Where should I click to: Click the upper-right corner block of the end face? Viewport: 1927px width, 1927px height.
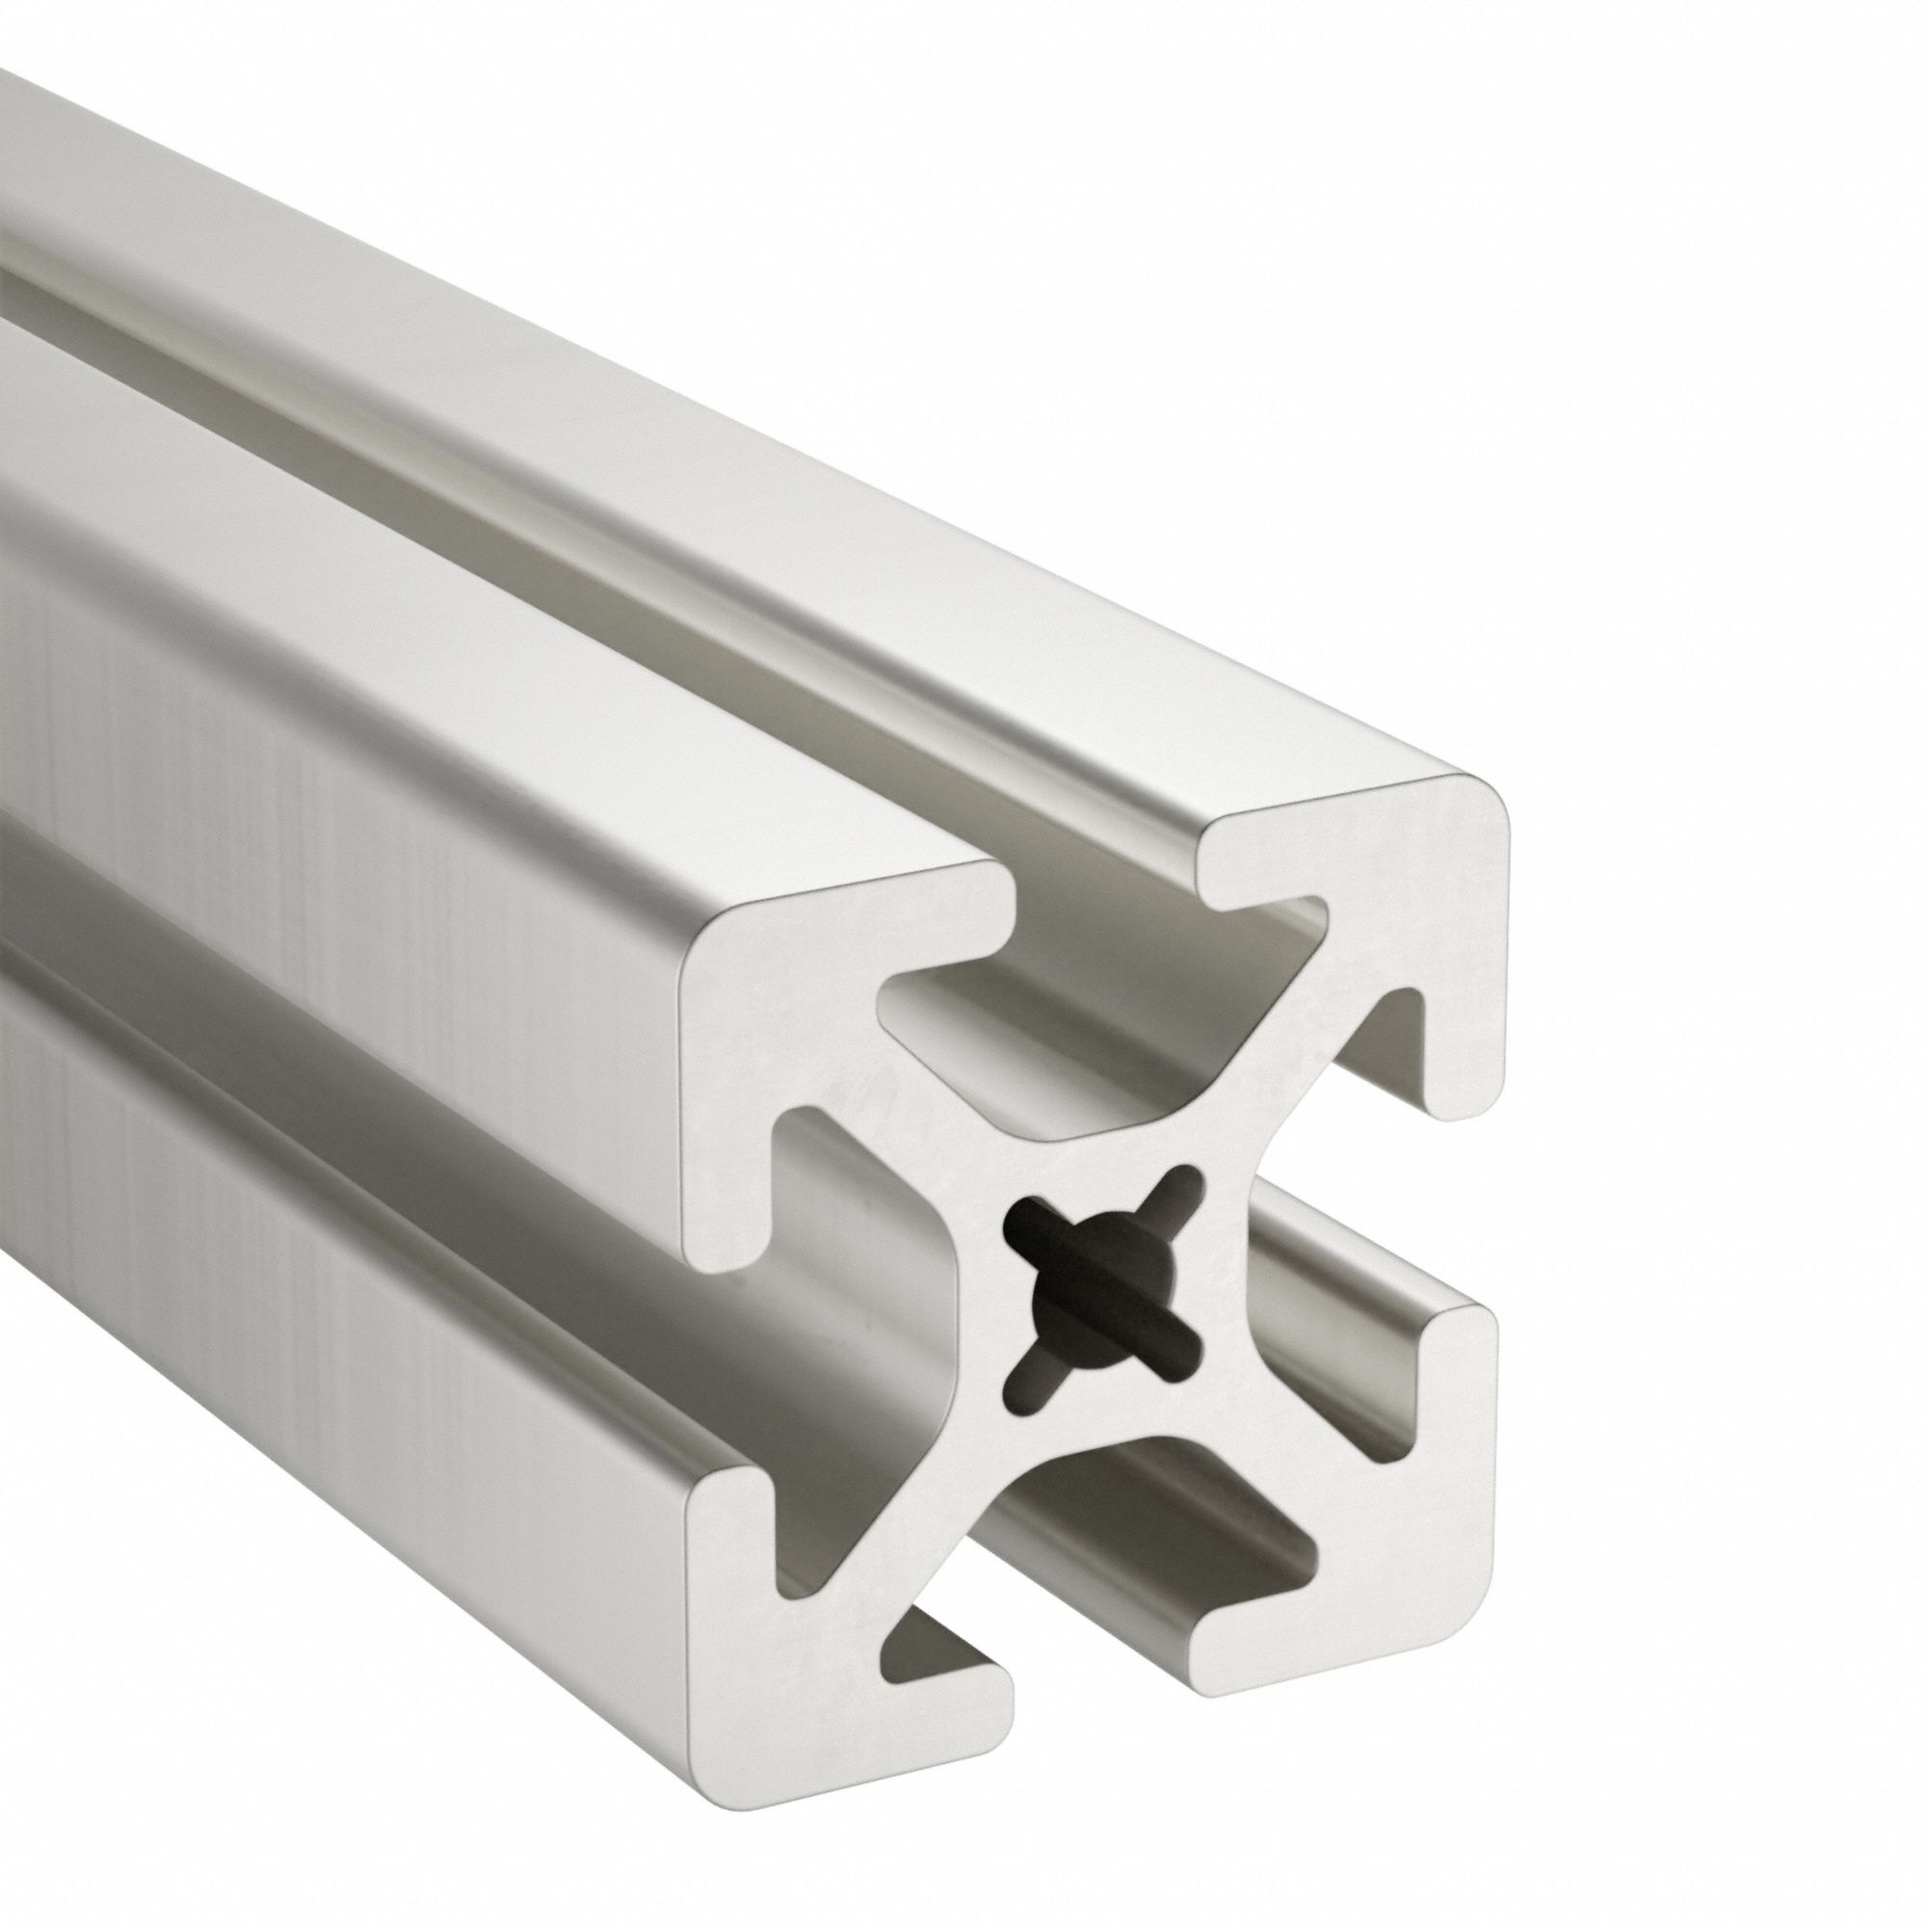tap(1396, 878)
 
